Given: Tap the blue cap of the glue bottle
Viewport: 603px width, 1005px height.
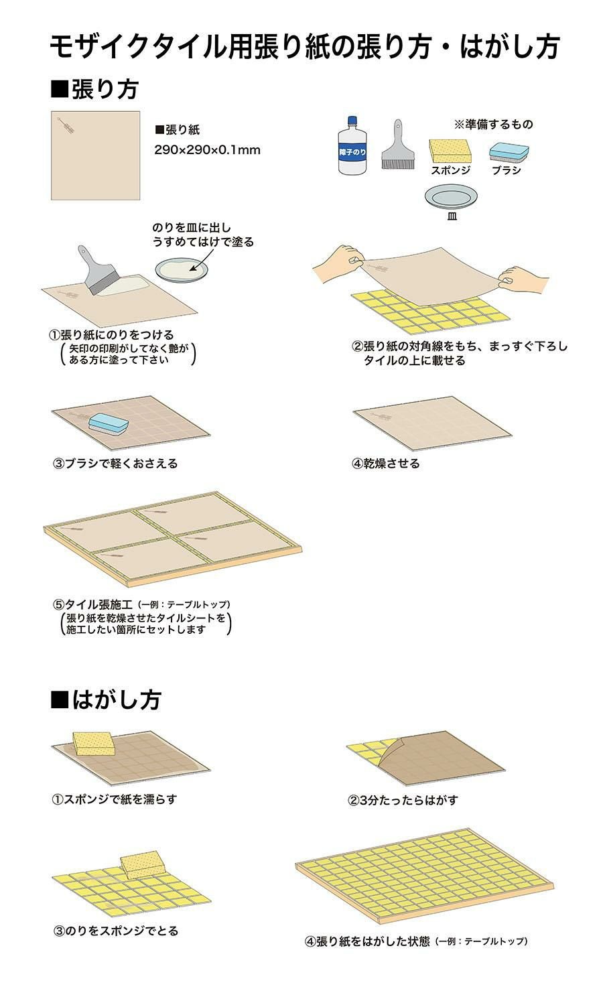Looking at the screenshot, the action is click(352, 120).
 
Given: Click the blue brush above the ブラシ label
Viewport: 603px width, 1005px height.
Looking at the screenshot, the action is click(509, 152).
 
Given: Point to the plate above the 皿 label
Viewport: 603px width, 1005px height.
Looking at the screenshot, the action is click(451, 197).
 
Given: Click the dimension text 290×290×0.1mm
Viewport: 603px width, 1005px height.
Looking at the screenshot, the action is click(207, 150).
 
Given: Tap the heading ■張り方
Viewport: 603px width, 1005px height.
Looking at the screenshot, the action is click(94, 89).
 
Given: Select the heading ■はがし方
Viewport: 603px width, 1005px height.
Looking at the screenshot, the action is click(106, 699).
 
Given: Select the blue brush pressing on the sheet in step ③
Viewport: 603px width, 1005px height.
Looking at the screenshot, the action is click(109, 423).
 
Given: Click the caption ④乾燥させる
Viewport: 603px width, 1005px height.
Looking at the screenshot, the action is click(386, 463).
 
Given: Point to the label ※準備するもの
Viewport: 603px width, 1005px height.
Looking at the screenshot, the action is click(494, 124).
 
